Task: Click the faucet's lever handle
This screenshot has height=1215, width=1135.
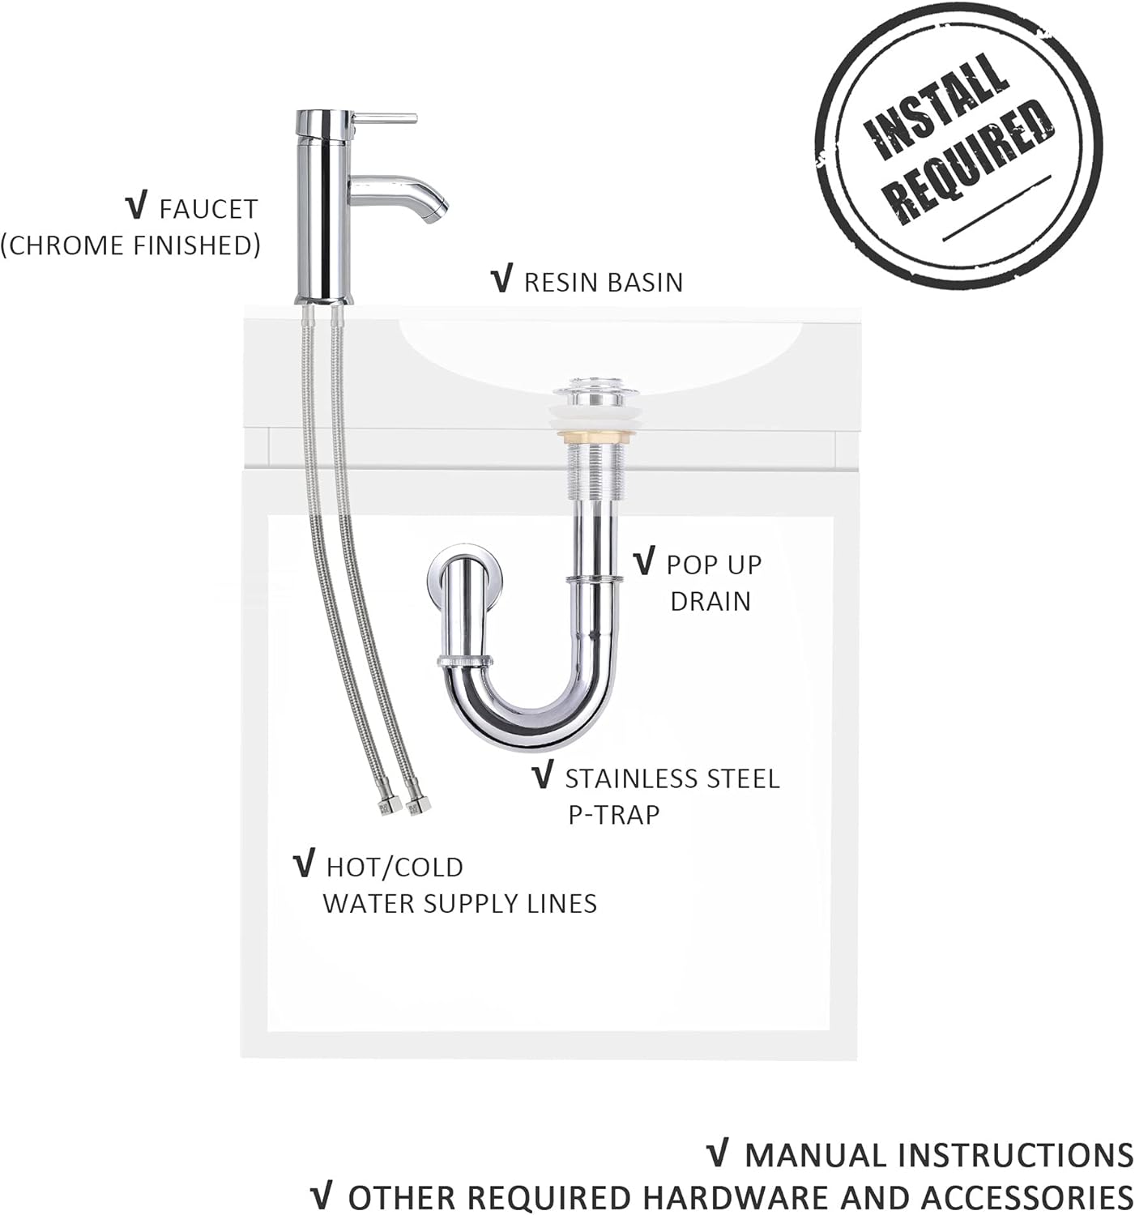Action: tap(386, 117)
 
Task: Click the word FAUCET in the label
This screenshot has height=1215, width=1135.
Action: tap(209, 210)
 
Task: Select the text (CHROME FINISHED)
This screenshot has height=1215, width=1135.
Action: tap(131, 245)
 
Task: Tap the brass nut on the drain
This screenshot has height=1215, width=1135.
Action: tap(592, 437)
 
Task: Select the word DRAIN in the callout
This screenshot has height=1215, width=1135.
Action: tap(710, 601)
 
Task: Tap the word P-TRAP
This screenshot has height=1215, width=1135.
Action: tap(613, 815)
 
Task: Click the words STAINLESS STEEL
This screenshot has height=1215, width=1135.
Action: tap(672, 778)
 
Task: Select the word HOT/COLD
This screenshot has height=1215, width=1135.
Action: tap(395, 868)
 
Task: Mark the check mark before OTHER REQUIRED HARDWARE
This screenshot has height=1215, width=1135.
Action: tap(322, 1197)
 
